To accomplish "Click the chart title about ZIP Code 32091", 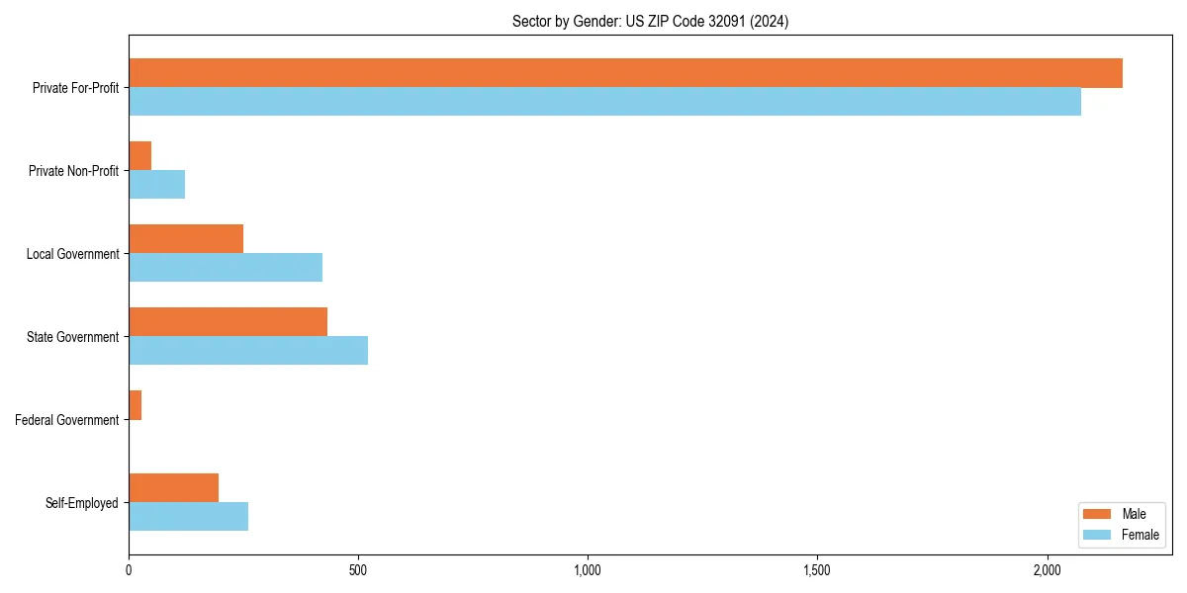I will point(650,21).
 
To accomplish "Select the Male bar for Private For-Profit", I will point(625,73).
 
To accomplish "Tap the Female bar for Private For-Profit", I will point(604,102).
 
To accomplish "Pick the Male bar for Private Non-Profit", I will point(140,156).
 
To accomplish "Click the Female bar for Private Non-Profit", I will point(156,185).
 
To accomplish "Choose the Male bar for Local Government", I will point(186,239).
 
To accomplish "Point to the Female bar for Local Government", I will point(226,268).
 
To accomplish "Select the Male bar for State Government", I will point(228,322).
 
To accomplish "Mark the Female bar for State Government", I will point(248,351).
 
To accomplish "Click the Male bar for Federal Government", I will point(136,405).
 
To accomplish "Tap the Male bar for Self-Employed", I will point(173,488).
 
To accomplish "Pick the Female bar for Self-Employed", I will point(188,517).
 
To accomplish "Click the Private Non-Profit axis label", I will point(73,171).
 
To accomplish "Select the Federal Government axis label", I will point(66,420).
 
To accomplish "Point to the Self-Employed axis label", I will point(81,503).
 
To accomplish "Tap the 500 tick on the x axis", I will point(358,570).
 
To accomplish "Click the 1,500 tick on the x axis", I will point(817,570).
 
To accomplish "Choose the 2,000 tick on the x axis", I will point(1047,570).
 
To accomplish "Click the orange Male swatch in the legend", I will point(1098,514).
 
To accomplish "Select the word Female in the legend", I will point(1141,535).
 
